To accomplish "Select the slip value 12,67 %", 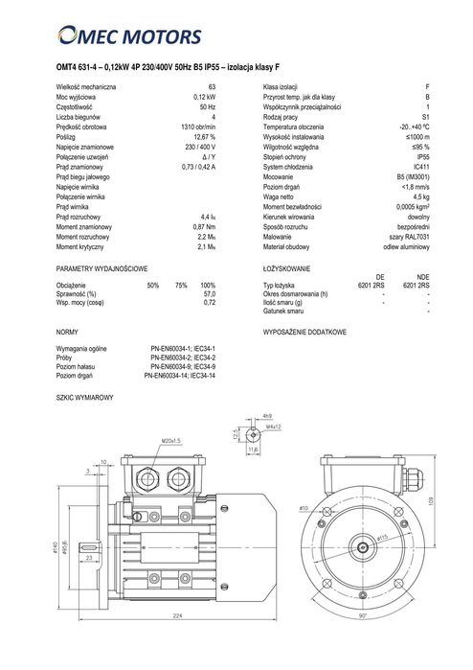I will tap(204, 136).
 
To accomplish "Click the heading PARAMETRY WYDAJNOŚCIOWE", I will tap(101, 270).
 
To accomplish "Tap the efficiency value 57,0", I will tap(208, 295).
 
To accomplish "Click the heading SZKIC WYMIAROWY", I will tap(85, 396).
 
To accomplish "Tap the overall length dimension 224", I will tap(177, 641).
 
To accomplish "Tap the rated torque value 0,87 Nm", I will tap(201, 225).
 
